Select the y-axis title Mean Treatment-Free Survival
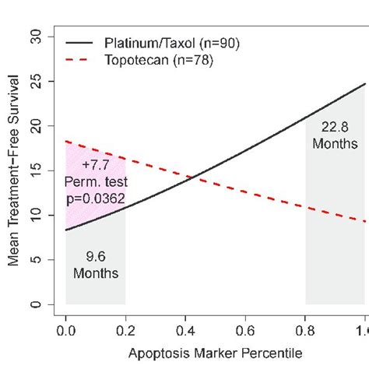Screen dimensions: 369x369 pos(13,170)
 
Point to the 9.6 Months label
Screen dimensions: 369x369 pos(96,265)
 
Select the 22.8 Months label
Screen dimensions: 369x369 pos(335,136)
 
